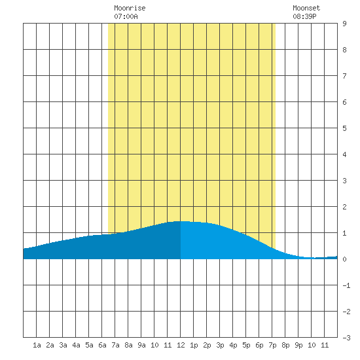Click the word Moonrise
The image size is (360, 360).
[130, 9]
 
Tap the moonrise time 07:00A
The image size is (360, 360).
[126, 16]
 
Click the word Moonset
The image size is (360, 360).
[306, 9]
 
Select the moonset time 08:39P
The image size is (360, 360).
[304, 16]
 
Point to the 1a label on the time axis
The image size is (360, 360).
[37, 345]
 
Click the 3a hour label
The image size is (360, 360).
[63, 345]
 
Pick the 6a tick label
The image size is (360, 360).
[102, 345]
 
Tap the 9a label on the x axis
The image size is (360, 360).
[141, 345]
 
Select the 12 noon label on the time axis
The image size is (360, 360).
[181, 345]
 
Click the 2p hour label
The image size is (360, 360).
[207, 345]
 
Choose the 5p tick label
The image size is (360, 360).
[246, 345]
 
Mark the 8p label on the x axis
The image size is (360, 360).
[285, 345]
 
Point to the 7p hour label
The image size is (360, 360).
[272, 345]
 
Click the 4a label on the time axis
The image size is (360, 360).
[76, 345]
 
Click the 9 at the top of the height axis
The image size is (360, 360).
[344, 24]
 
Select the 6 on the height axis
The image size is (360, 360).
[344, 102]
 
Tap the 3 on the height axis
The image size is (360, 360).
[344, 181]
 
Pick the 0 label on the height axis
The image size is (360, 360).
[344, 259]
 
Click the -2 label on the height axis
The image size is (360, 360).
[346, 312]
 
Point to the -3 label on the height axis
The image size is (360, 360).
[346, 338]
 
